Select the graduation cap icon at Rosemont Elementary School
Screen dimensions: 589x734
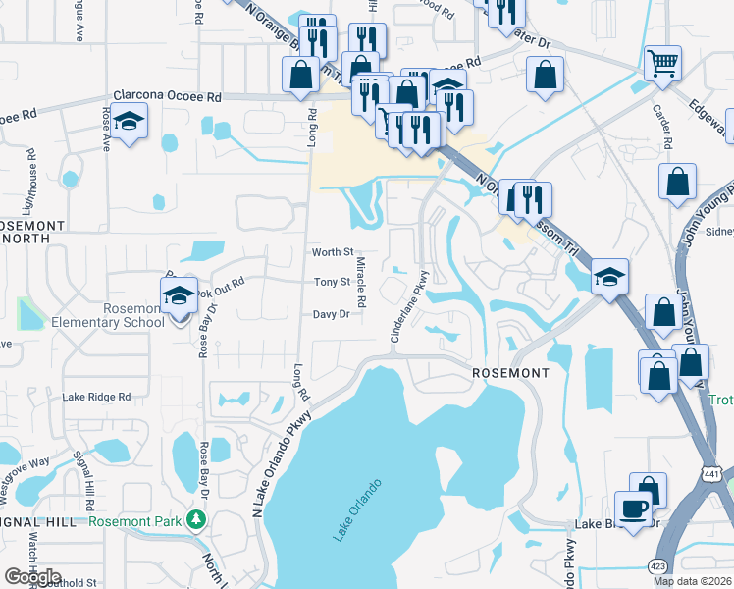(179, 295)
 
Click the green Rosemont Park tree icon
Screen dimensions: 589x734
(197, 519)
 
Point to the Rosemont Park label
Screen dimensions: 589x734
(135, 521)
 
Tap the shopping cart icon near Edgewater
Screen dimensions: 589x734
(663, 64)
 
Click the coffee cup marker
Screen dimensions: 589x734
(633, 509)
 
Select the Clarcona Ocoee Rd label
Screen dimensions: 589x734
(168, 97)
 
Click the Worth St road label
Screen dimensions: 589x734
(332, 253)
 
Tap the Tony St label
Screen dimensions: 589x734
(332, 283)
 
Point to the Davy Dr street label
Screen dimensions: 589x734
(332, 315)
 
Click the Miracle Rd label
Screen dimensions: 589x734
(361, 281)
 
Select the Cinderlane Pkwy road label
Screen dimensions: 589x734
(410, 306)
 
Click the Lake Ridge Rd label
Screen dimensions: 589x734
(96, 398)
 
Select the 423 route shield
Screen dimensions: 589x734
(656, 566)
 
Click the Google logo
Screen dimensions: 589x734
(33, 577)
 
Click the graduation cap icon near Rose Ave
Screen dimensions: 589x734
(129, 124)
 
